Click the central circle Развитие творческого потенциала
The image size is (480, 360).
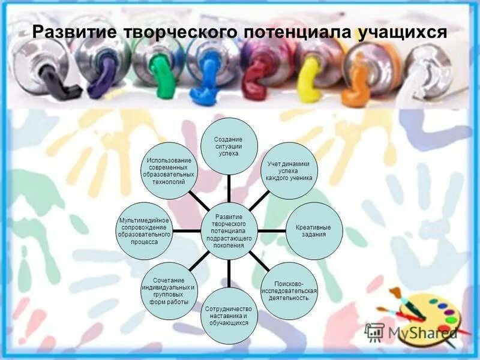click(x=229, y=230)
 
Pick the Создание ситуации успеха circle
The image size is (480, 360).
click(x=229, y=146)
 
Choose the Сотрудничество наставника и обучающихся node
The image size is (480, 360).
click(x=228, y=316)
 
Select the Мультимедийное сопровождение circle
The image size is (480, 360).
click(x=144, y=230)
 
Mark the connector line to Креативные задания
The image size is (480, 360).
click(x=272, y=230)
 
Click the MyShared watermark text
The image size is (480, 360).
click(x=421, y=332)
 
